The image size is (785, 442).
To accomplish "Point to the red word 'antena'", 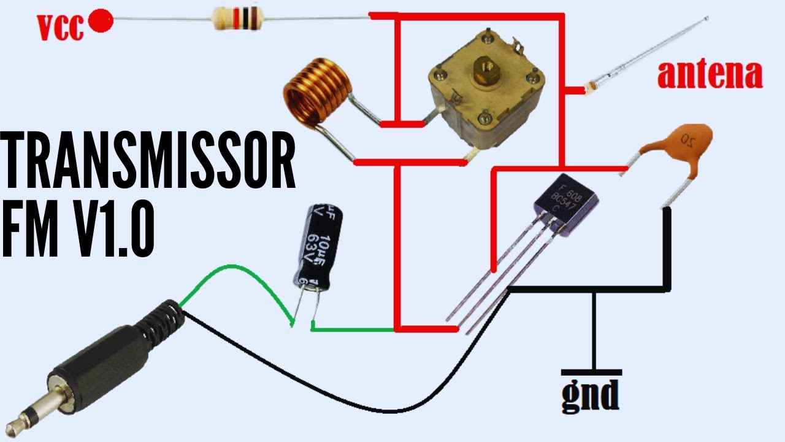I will pos(710,74).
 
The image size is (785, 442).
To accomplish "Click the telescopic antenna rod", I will pos(650,53).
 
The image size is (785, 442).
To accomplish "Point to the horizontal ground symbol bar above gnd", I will pos(591,372).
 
